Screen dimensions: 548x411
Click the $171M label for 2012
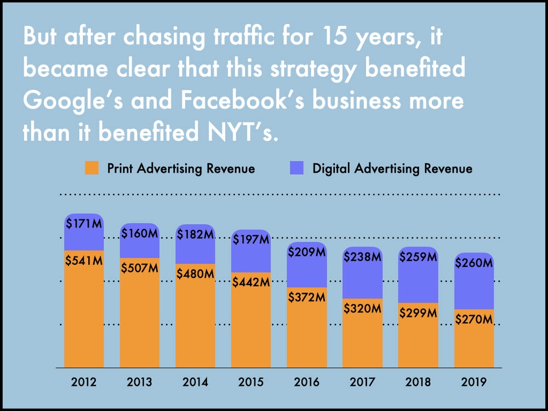(x=84, y=224)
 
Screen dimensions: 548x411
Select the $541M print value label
(x=84, y=261)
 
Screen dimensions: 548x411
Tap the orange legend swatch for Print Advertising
(x=92, y=168)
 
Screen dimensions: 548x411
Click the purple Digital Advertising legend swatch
(x=296, y=168)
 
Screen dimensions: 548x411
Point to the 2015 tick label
(x=251, y=382)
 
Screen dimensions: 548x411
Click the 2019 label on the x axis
(x=474, y=382)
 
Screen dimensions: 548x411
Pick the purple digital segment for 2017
(x=362, y=272)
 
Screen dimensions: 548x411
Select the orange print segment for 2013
(x=139, y=313)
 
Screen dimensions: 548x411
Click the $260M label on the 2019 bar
(x=474, y=263)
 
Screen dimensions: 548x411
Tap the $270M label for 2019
(x=474, y=319)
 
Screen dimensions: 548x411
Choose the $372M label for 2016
(x=307, y=298)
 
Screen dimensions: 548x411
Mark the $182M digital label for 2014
(x=196, y=235)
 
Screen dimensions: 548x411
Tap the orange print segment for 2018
(x=418, y=335)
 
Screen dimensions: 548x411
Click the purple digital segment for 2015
(x=251, y=251)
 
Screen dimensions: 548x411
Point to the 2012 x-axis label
(x=84, y=382)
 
